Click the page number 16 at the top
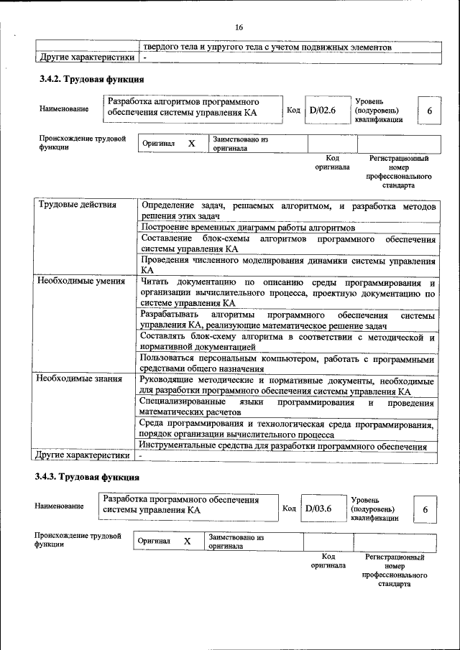click(x=239, y=27)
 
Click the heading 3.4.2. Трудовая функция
click(x=91, y=79)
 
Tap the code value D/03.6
click(x=318, y=509)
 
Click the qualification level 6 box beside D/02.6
click(x=429, y=111)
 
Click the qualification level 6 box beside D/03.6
click(x=425, y=509)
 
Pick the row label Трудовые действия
click(x=77, y=205)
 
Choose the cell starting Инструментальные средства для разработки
click(x=283, y=447)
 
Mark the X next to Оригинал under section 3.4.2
click(x=191, y=144)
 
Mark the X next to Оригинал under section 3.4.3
click(x=187, y=542)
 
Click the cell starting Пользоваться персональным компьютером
click(x=287, y=363)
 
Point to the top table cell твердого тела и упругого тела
click(x=267, y=47)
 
